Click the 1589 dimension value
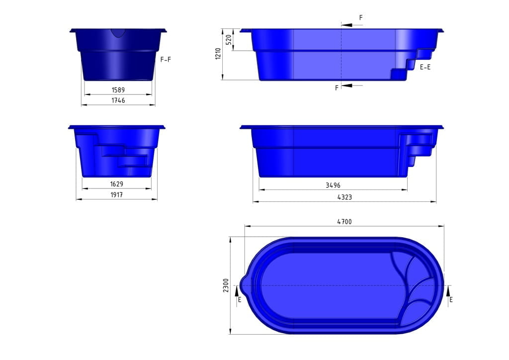click(x=118, y=90)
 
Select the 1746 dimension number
click(x=118, y=100)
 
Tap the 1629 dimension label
click(x=117, y=184)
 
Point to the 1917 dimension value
click(x=117, y=195)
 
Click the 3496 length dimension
click(x=333, y=185)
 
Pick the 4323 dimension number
click(x=344, y=197)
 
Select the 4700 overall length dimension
click(x=344, y=222)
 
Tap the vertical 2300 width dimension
click(x=225, y=285)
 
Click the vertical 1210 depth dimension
click(x=218, y=54)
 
